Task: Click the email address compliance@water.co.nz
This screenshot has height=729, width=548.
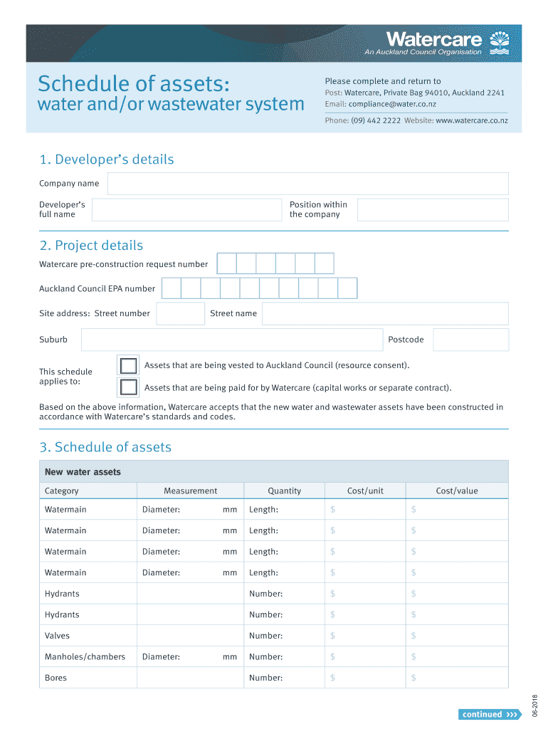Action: click(x=392, y=104)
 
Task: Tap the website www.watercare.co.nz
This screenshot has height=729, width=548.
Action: click(x=471, y=121)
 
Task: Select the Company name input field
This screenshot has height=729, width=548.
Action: click(x=307, y=184)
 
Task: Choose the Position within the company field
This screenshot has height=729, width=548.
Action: click(x=432, y=210)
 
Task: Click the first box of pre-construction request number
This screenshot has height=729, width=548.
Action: click(x=226, y=264)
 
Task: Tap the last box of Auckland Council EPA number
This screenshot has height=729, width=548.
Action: click(x=347, y=288)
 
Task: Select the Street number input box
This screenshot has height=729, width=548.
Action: click(x=180, y=314)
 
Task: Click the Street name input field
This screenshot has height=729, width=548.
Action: click(x=385, y=314)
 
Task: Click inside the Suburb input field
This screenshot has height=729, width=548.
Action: click(x=231, y=340)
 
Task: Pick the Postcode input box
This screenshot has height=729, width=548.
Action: click(x=470, y=340)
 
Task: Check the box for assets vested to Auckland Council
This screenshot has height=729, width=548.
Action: click(x=128, y=366)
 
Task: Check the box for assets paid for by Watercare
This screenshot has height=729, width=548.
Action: click(x=128, y=387)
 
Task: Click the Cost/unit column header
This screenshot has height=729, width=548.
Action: click(x=365, y=491)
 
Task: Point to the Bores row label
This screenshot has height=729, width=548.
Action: click(x=56, y=678)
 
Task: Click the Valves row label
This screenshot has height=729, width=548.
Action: click(x=57, y=636)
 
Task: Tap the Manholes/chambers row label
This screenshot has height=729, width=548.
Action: click(x=85, y=657)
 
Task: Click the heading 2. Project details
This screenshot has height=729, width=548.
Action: click(x=91, y=246)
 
